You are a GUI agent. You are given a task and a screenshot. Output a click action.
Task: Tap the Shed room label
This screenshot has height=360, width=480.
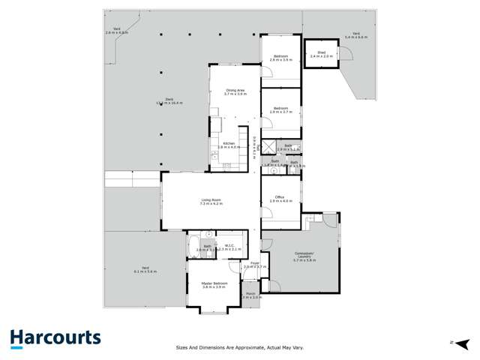tap(321, 54)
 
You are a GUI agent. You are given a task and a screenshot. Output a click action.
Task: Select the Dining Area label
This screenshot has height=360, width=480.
tap(236, 92)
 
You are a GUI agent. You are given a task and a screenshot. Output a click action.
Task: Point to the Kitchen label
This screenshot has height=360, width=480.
tap(229, 145)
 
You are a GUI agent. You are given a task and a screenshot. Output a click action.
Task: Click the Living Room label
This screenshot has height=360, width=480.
tap(211, 201)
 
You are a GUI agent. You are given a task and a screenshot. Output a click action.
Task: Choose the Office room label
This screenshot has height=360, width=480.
tap(280, 199)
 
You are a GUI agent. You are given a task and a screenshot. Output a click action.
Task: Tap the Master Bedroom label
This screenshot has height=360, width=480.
tap(214, 285)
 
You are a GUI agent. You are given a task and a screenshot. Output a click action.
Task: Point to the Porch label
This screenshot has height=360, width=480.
tap(250, 295)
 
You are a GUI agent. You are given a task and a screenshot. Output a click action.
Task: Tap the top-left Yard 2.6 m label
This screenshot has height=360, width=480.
tap(116, 31)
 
